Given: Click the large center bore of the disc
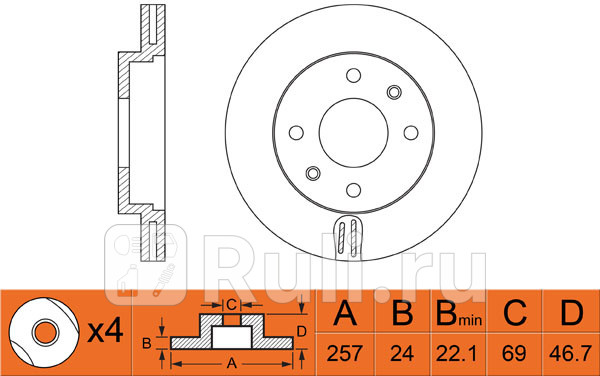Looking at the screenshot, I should (x=355, y=133).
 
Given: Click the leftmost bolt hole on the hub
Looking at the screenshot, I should (x=296, y=133).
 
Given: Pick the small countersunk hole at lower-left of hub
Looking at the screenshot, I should (x=313, y=174).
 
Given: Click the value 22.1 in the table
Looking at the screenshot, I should (x=458, y=352).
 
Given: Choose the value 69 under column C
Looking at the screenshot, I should (x=514, y=352).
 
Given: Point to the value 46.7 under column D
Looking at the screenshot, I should (x=569, y=352).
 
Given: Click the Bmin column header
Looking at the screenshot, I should (x=458, y=315).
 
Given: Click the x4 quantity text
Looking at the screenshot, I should (x=103, y=331).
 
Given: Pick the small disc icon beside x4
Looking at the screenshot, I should (x=43, y=331).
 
